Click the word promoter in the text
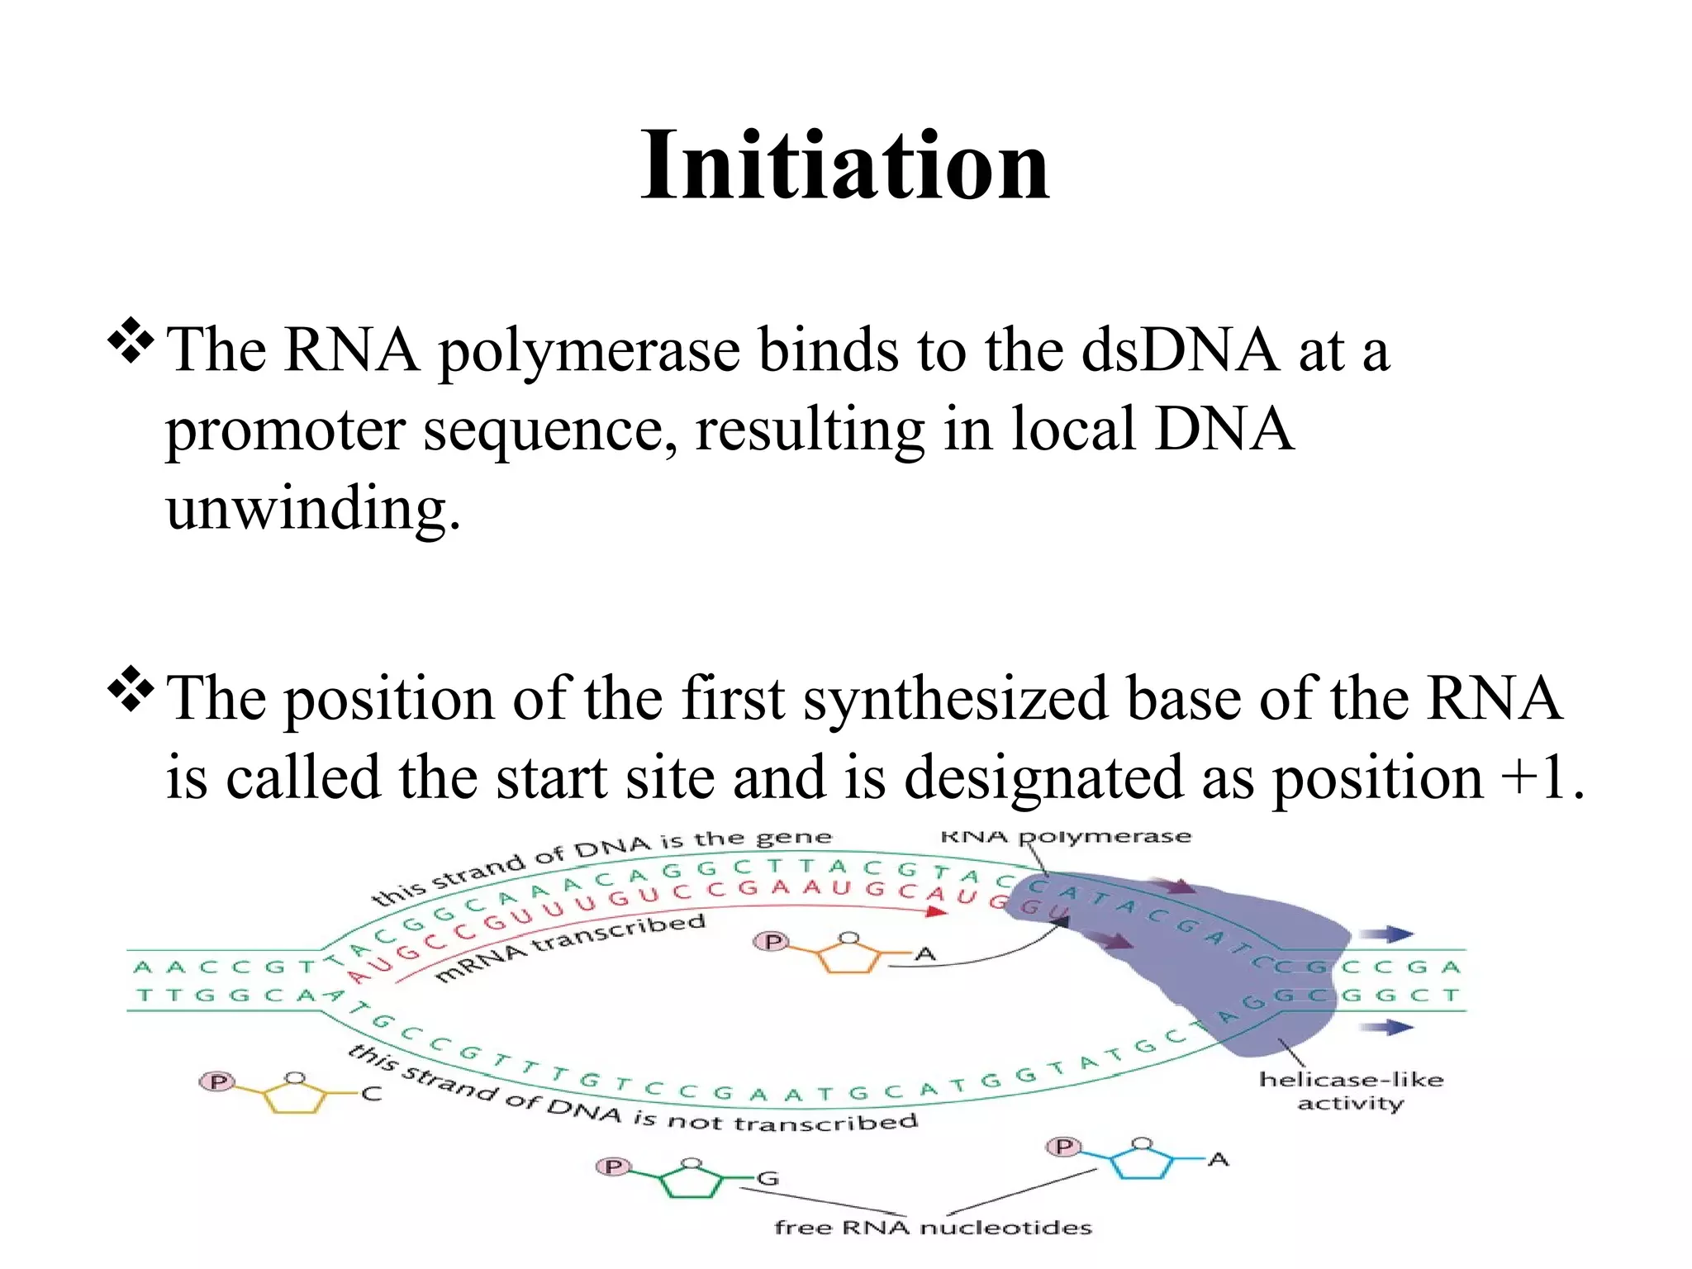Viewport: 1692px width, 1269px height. pos(285,430)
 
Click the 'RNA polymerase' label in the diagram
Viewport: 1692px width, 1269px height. pos(1066,836)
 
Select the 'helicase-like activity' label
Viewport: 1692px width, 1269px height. pos(1350,1091)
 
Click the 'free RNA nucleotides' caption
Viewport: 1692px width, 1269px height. pos(932,1227)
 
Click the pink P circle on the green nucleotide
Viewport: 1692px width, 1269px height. pos(613,1166)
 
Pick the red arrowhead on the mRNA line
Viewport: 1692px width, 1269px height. pos(936,911)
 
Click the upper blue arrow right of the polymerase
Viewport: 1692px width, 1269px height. pos(1387,934)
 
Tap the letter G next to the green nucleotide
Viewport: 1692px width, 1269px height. pos(768,1178)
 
